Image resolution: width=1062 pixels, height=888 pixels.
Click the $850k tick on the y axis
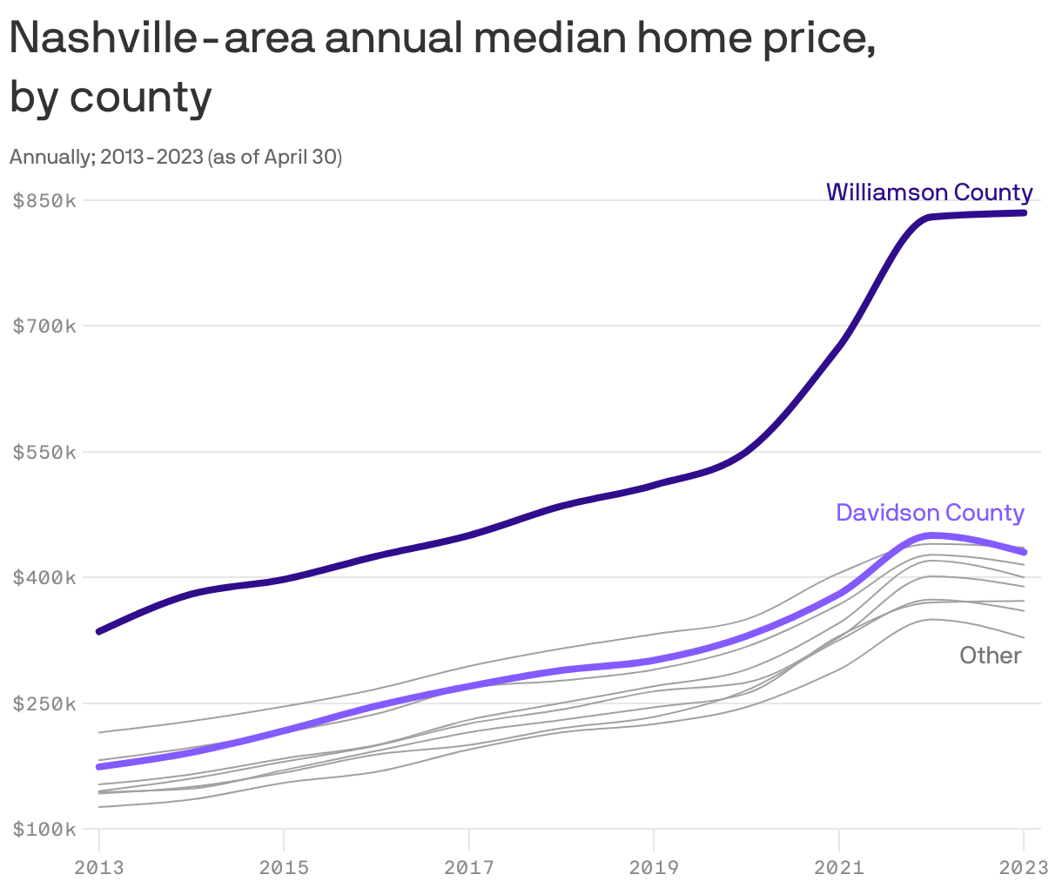[45, 201]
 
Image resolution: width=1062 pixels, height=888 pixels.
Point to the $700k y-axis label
[45, 326]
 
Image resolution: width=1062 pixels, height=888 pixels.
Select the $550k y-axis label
[45, 453]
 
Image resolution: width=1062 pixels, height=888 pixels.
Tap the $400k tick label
[45, 578]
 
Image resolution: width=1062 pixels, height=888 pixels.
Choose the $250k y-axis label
[45, 703]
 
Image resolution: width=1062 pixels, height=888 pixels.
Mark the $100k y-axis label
[45, 829]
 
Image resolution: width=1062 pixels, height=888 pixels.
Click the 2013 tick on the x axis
[99, 867]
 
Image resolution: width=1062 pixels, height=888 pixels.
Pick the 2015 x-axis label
[284, 867]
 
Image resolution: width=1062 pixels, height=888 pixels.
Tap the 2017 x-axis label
[469, 867]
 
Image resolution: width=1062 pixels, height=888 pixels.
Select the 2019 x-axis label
[654, 867]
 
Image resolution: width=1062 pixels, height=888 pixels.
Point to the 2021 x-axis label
[838, 867]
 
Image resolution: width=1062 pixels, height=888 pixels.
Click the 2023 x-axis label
[1024, 867]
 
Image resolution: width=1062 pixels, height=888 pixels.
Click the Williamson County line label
[929, 192]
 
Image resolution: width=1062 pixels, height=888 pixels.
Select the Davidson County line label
[930, 513]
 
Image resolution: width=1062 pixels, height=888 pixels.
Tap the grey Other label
[991, 656]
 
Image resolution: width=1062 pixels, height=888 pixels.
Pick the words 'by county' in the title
[111, 97]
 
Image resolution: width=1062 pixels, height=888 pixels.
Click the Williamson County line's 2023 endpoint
[1024, 212]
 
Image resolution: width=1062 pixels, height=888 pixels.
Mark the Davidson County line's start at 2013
[99, 767]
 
